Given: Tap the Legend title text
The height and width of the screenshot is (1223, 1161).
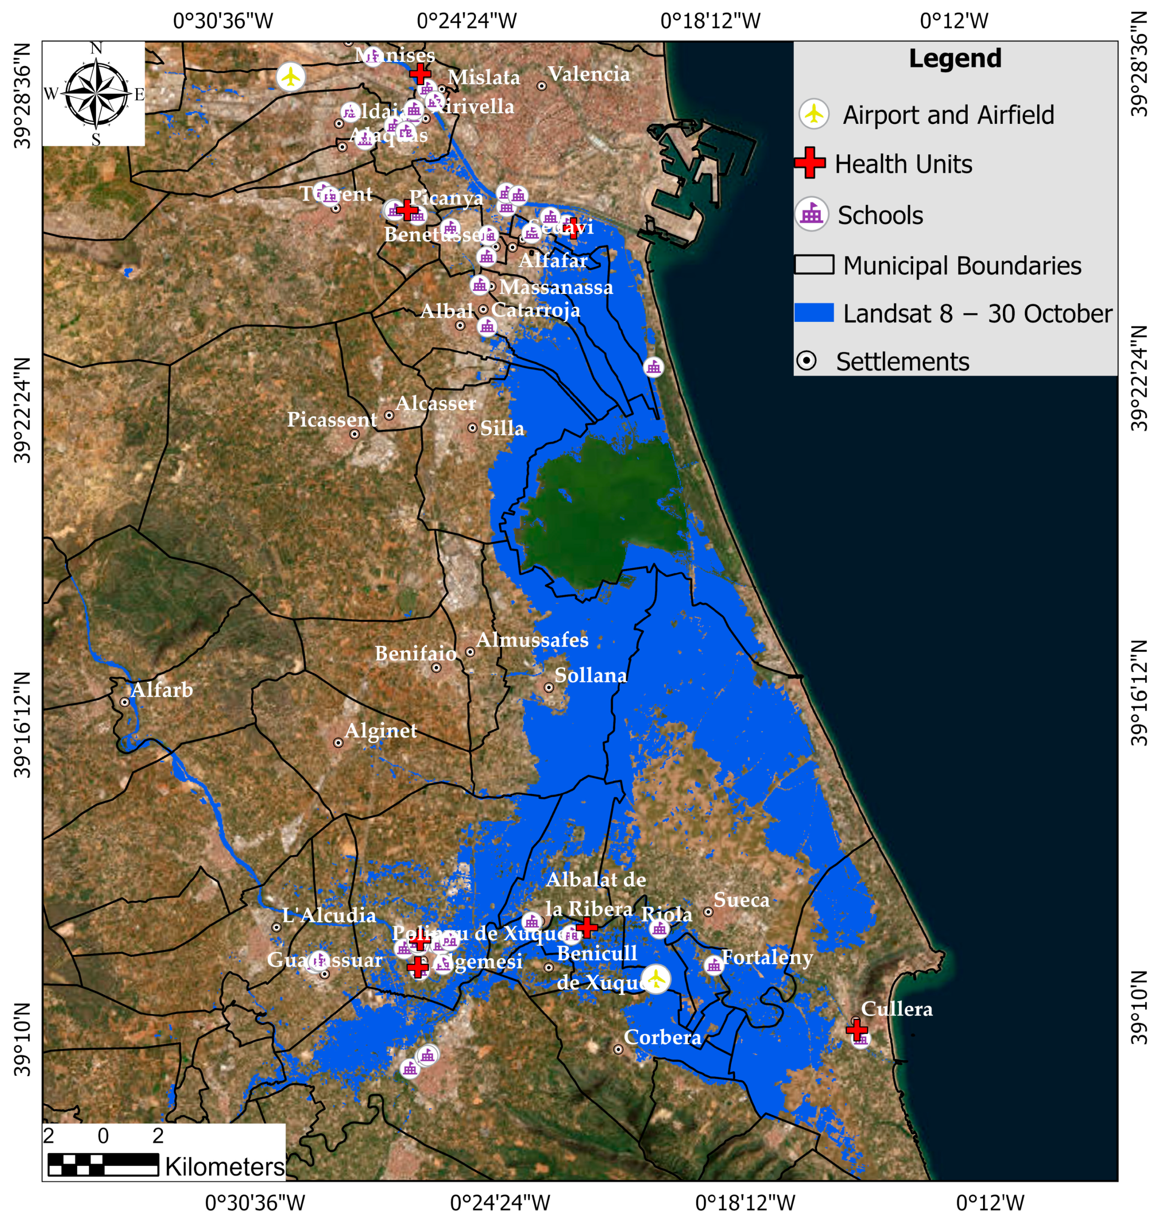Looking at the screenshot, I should pyautogui.click(x=955, y=59).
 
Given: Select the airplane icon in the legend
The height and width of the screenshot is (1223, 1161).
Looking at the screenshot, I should pyautogui.click(x=814, y=114).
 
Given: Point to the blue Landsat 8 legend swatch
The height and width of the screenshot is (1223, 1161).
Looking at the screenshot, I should pyautogui.click(x=814, y=312).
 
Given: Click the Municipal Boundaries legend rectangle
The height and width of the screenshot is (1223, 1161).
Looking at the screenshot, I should pyautogui.click(x=814, y=264).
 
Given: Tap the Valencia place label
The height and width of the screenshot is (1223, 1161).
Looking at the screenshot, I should pyautogui.click(x=589, y=74).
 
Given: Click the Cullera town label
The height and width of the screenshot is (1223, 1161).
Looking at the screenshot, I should pyautogui.click(x=896, y=1009).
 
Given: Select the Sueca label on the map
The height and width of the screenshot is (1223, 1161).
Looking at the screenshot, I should pyautogui.click(x=741, y=900).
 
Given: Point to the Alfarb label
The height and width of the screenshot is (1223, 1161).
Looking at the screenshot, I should pyautogui.click(x=162, y=689).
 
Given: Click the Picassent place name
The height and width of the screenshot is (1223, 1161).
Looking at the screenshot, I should pyautogui.click(x=332, y=420).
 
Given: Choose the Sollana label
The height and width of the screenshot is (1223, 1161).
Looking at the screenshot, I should pyautogui.click(x=590, y=675).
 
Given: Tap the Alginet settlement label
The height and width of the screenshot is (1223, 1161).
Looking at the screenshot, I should pyautogui.click(x=381, y=731).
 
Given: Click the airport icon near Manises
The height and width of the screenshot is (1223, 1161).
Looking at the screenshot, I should pyautogui.click(x=290, y=77).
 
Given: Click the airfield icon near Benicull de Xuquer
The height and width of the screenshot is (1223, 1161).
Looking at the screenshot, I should pyautogui.click(x=655, y=978).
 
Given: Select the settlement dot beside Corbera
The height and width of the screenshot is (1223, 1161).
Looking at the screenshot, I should pyautogui.click(x=617, y=1049).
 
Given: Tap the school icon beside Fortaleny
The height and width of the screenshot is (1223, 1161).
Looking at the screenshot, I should pyautogui.click(x=714, y=964).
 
